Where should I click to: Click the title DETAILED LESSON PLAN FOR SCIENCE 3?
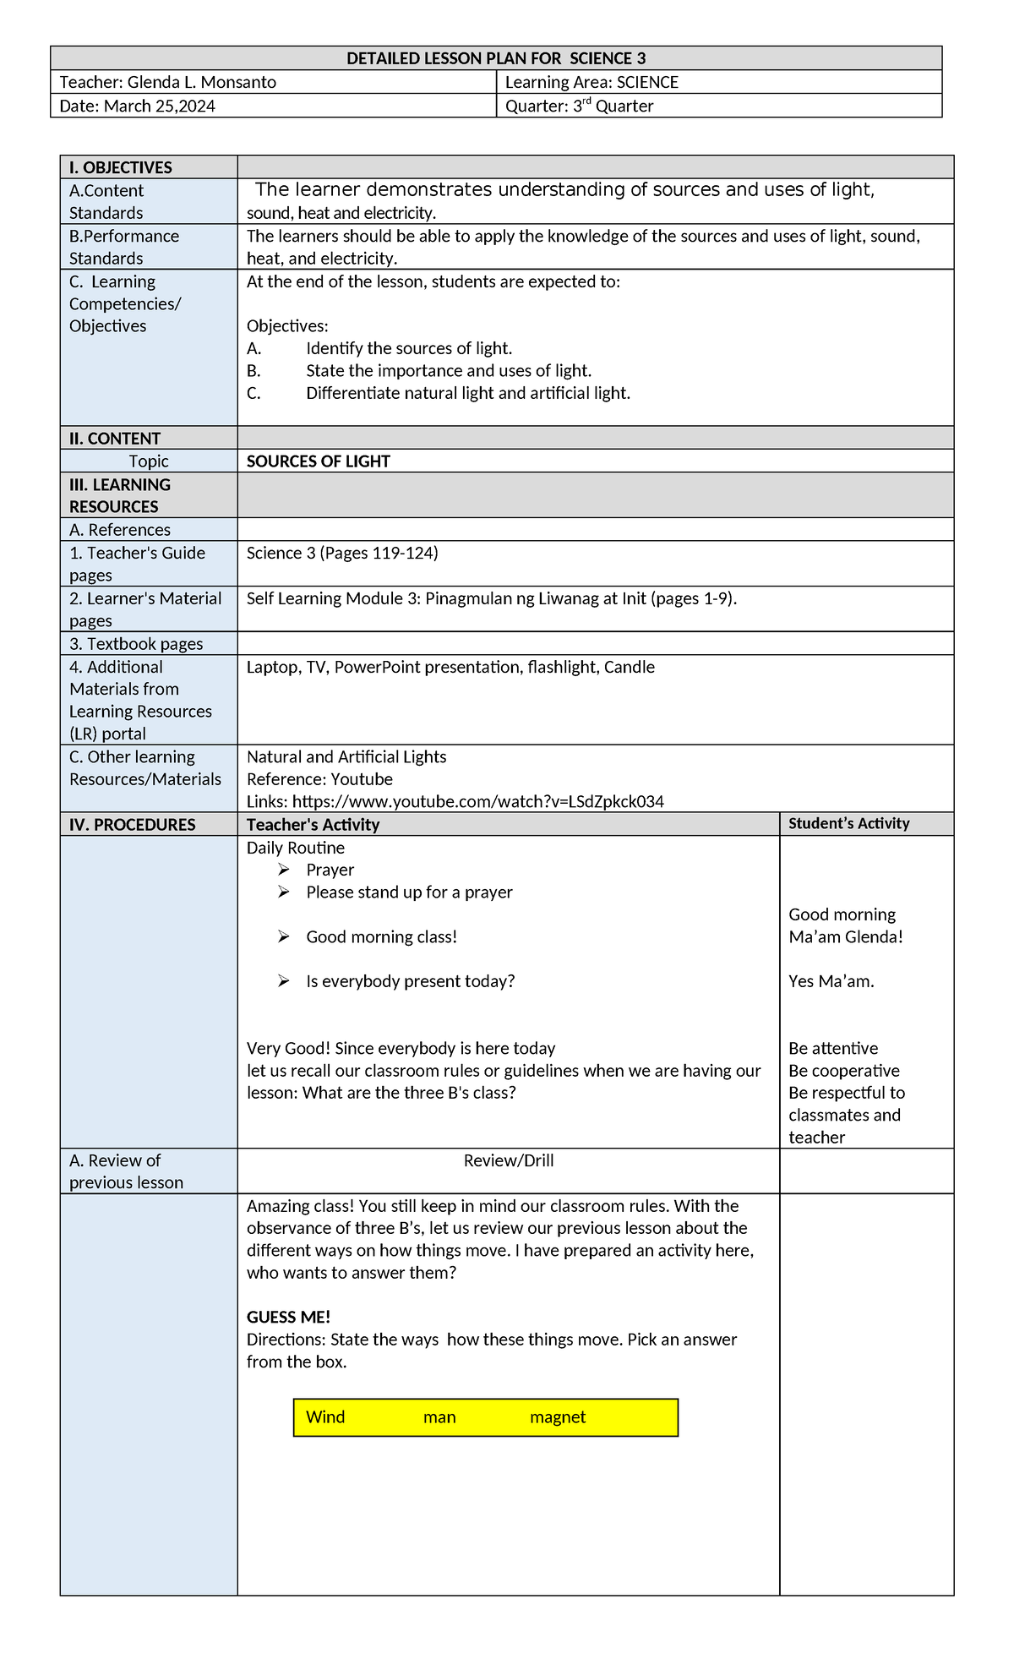pos(496,58)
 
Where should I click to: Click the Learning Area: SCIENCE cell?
pos(591,82)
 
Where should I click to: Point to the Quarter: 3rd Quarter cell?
pos(579,106)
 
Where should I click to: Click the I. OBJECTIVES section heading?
pos(121,167)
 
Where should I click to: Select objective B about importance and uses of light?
pos(448,371)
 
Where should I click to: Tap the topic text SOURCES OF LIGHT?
pos(318,461)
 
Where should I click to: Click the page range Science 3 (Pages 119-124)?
pos(342,553)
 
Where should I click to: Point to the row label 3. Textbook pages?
pos(136,644)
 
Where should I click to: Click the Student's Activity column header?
pos(848,823)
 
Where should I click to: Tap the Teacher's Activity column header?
pos(313,824)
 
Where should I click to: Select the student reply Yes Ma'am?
pos(831,981)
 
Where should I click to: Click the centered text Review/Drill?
pos(508,1160)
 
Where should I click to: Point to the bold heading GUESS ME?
pos(288,1317)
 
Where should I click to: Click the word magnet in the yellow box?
pos(557,1417)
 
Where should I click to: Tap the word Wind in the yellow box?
pos(325,1417)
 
